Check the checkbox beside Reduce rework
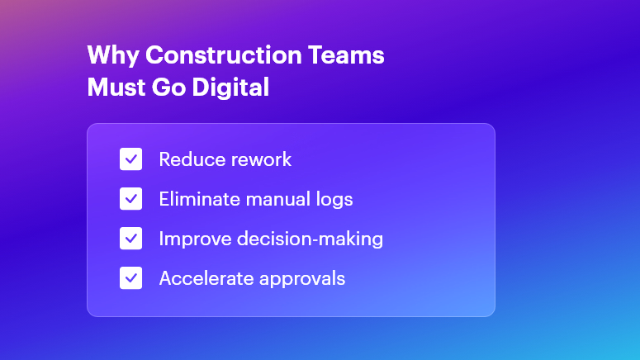pyautogui.click(x=131, y=159)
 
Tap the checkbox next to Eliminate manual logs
pyautogui.click(x=131, y=199)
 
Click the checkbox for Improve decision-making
pyautogui.click(x=131, y=239)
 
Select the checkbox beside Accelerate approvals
pyautogui.click(x=131, y=278)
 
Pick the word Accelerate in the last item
pyautogui.click(x=201, y=278)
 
